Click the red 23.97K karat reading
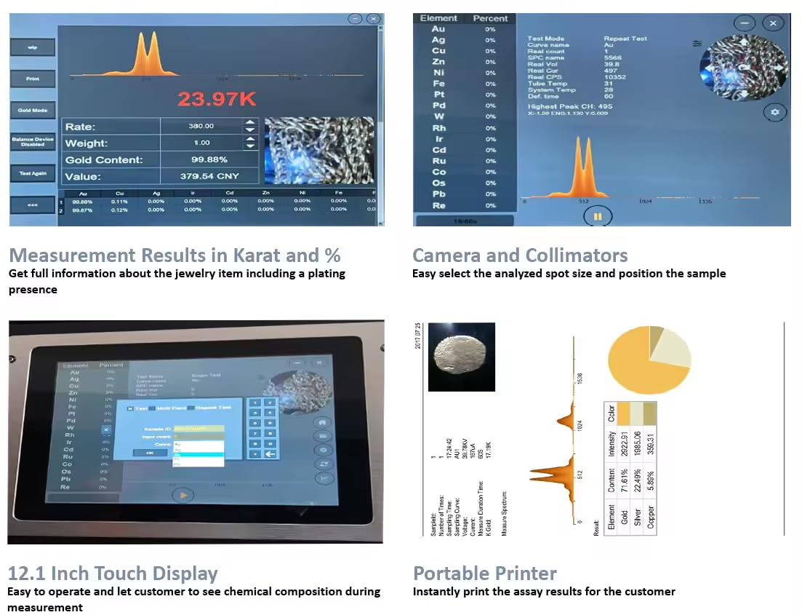[x=217, y=99]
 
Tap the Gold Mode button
[x=33, y=110]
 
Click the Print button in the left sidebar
[x=33, y=79]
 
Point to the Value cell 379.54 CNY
[x=209, y=176]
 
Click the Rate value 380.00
[x=201, y=126]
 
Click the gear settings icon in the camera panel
[x=774, y=112]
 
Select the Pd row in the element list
[x=438, y=106]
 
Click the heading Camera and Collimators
[x=520, y=255]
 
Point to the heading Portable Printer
[x=485, y=573]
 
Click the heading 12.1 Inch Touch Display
[x=113, y=573]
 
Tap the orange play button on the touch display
[x=183, y=494]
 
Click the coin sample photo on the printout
[x=462, y=357]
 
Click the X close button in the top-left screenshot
[x=373, y=19]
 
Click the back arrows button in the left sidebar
[x=33, y=205]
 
